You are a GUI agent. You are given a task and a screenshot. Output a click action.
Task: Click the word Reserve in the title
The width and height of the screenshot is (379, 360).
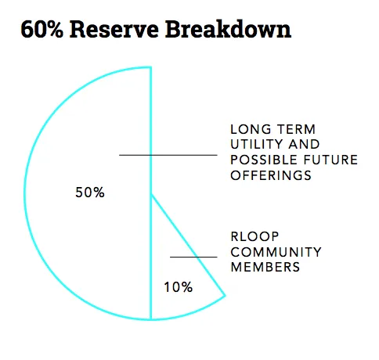[114, 29]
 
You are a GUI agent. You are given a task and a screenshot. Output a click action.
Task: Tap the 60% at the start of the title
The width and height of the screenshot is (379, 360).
[42, 29]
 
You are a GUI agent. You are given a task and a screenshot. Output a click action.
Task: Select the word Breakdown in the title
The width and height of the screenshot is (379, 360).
[228, 29]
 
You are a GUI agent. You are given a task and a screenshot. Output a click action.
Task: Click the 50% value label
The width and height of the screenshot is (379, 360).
[90, 193]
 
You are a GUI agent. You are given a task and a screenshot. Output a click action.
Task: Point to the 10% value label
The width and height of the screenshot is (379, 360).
[179, 287]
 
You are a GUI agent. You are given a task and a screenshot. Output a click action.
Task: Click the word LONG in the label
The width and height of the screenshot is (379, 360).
[251, 129]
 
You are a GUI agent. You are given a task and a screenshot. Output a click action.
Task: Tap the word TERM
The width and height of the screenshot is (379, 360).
[296, 129]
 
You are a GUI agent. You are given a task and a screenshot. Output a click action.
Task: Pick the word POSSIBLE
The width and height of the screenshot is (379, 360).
[264, 160]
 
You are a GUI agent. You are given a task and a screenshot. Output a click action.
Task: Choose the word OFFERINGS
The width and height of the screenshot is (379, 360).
[271, 175]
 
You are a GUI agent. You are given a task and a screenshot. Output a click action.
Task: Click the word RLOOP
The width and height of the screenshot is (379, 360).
[255, 236]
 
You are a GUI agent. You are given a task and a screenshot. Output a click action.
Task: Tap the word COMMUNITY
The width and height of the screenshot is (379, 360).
[276, 252]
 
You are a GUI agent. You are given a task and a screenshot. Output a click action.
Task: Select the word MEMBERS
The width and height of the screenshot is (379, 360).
[265, 267]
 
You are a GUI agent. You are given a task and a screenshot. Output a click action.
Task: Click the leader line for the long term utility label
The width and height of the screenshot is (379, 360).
[168, 155]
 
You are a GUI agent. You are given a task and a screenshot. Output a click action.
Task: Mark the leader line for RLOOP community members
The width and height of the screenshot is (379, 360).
[193, 257]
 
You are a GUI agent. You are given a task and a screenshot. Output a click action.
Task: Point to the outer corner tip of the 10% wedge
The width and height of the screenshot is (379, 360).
[226, 296]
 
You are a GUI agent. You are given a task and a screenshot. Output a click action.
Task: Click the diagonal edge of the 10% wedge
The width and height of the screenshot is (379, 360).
[188, 245]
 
